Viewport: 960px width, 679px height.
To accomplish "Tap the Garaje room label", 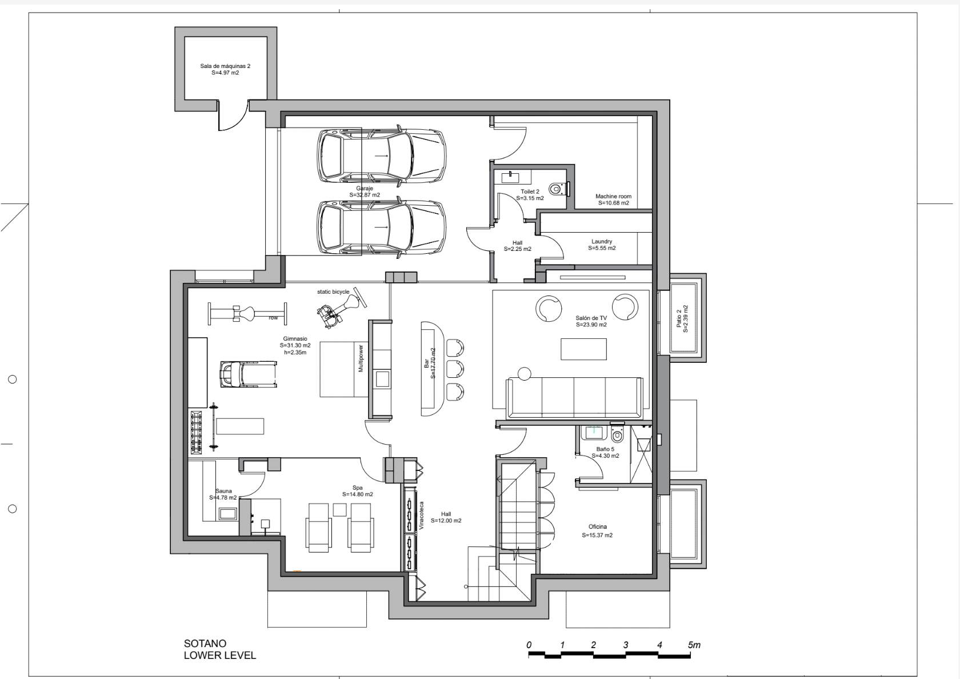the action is (x=365, y=188).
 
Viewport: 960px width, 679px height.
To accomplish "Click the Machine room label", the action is (x=613, y=197).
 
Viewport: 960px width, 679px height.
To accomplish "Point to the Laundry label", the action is (x=602, y=241).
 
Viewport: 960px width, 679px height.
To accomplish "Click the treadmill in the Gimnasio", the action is (x=248, y=374).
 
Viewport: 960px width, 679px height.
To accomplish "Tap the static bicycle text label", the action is (x=333, y=292).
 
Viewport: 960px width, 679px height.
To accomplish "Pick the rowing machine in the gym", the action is (x=247, y=314).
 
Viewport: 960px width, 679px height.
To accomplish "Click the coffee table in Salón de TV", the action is (x=583, y=349).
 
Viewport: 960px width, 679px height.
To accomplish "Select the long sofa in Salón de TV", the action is (x=574, y=397).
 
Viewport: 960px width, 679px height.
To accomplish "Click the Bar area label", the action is (x=426, y=363).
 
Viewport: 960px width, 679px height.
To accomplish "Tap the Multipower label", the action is (x=361, y=358).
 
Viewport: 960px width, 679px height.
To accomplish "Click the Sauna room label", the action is (x=223, y=492).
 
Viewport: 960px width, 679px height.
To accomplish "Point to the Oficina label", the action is (x=598, y=527).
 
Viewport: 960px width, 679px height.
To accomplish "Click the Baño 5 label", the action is (x=605, y=449).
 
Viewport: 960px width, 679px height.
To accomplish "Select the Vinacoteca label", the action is (x=421, y=516).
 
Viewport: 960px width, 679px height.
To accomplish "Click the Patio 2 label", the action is (x=679, y=318).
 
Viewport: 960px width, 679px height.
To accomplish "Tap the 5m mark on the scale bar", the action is (x=694, y=645).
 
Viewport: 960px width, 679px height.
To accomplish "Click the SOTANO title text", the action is (x=205, y=644).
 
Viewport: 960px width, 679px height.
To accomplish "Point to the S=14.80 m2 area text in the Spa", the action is (x=358, y=494).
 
